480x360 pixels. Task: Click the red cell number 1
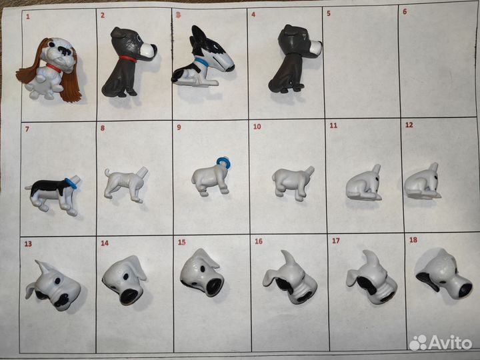28,17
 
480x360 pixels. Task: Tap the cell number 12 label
409,125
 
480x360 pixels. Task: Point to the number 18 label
413,240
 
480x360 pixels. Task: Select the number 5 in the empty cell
329,13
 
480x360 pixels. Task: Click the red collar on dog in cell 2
128,59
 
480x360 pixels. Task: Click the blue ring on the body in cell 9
224,163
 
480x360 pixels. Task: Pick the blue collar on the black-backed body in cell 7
71,183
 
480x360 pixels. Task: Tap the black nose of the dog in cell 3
230,67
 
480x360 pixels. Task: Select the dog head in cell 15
202,273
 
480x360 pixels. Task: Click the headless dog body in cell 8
125,184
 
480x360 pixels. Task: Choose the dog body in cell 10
293,183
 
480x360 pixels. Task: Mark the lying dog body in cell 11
364,183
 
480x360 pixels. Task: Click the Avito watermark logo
441,342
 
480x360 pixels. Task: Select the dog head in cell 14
125,280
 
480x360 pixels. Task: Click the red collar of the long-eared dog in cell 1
53,68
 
